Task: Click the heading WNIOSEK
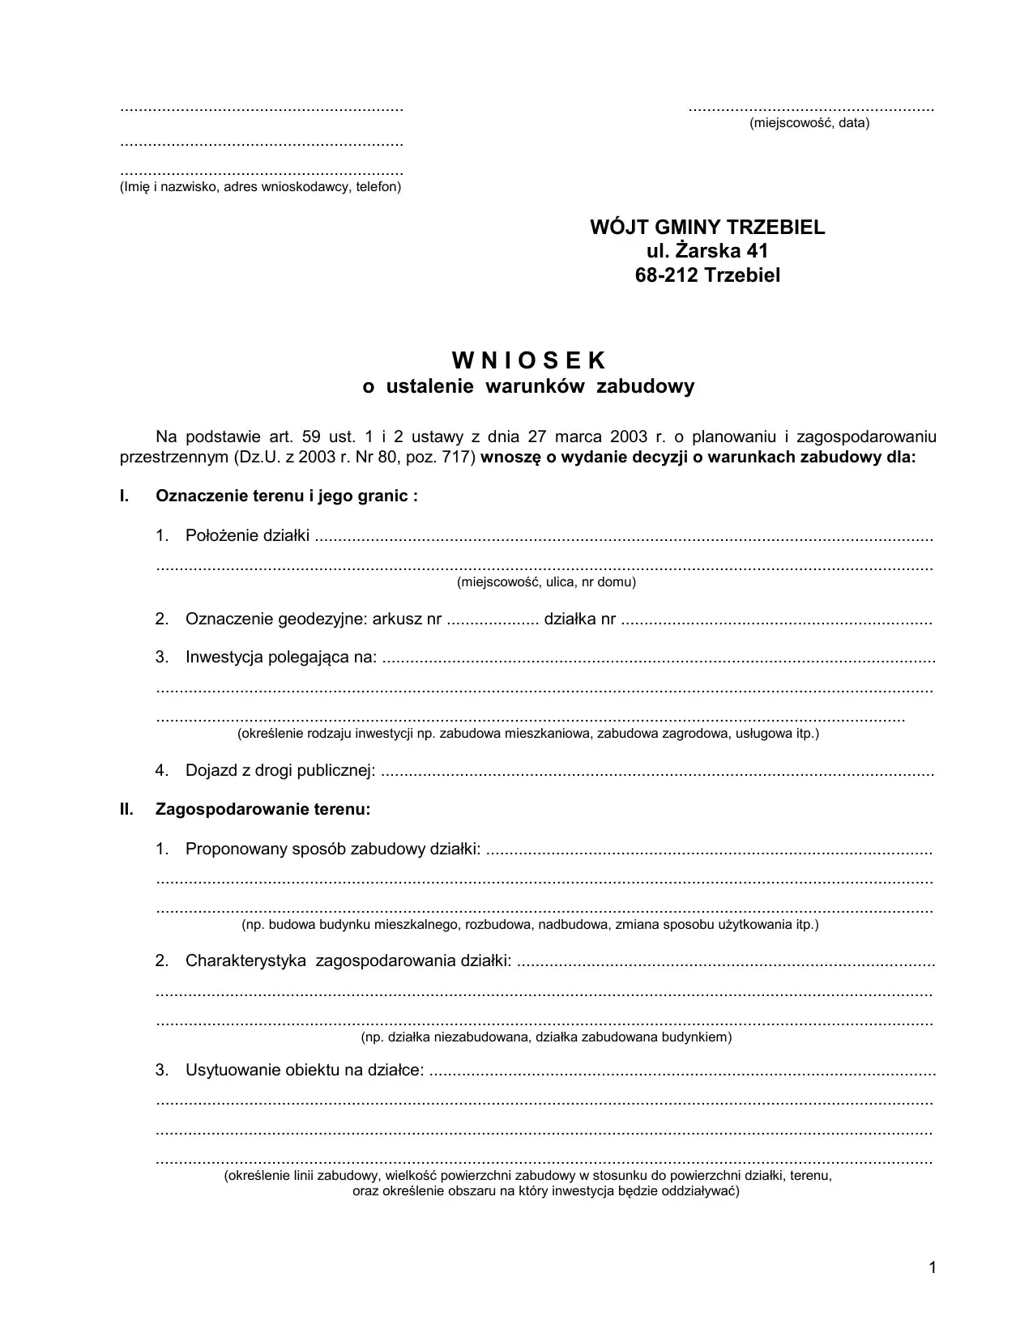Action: point(528,360)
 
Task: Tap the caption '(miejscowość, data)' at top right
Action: point(809,123)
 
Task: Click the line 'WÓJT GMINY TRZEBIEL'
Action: point(707,228)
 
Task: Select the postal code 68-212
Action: point(667,275)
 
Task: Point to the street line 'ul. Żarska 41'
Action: point(707,251)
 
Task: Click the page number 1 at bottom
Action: point(933,1267)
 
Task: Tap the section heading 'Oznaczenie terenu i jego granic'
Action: point(287,496)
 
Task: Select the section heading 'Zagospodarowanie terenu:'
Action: point(263,809)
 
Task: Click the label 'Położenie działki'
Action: point(247,535)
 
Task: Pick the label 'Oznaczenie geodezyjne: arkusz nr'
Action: point(313,620)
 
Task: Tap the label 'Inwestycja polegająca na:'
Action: point(281,657)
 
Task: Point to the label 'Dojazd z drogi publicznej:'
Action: point(280,771)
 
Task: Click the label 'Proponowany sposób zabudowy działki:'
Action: point(333,849)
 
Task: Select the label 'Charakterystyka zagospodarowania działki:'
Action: point(348,961)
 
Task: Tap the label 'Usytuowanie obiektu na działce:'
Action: point(305,1071)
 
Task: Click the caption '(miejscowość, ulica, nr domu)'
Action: point(546,582)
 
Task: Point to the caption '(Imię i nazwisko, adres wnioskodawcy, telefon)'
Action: point(260,187)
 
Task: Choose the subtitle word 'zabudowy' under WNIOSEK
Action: point(645,386)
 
